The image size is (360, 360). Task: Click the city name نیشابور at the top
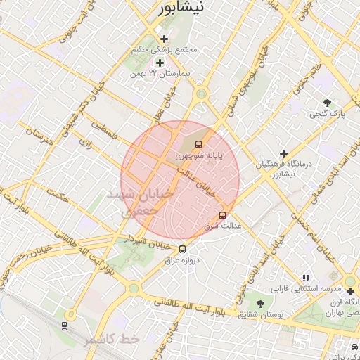point(180,8)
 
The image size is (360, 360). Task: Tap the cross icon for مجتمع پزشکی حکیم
point(164,39)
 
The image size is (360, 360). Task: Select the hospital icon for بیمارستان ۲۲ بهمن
point(160,63)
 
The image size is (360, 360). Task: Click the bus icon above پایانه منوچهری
point(197,144)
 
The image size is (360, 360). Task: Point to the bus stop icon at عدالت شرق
point(223,215)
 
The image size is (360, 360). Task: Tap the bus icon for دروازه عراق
point(183,249)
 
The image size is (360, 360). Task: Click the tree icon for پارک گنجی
point(326,103)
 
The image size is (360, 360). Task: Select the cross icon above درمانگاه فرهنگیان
point(283,153)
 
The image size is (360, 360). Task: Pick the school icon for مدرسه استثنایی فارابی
point(306,278)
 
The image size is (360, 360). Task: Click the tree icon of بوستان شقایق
point(260,304)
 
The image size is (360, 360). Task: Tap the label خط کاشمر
point(112,340)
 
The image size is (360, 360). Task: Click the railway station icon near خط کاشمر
point(65,325)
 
